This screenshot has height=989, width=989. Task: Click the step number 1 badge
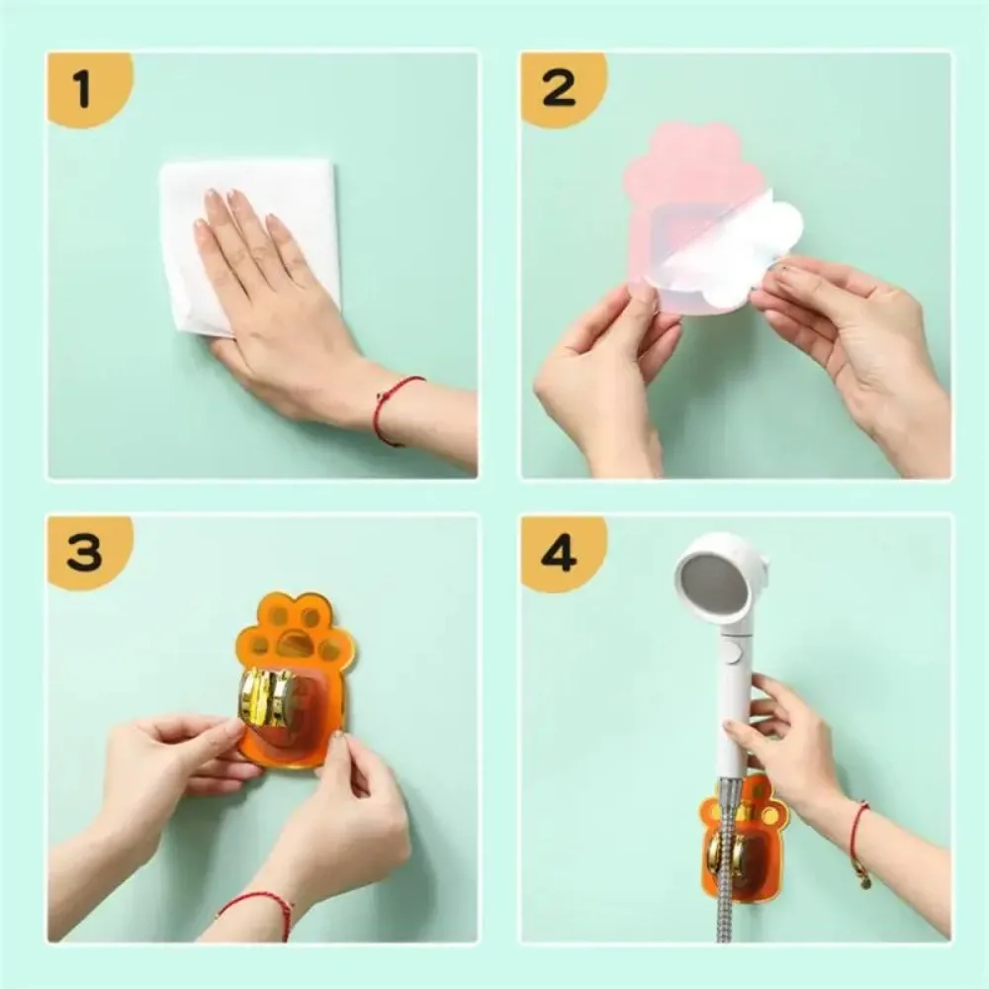[x=83, y=90]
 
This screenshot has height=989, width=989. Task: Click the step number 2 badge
[x=559, y=90]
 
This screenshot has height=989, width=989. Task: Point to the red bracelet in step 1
[x=396, y=405]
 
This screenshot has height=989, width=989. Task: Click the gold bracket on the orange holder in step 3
[x=266, y=698]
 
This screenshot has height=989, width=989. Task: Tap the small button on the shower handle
[x=730, y=652]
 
